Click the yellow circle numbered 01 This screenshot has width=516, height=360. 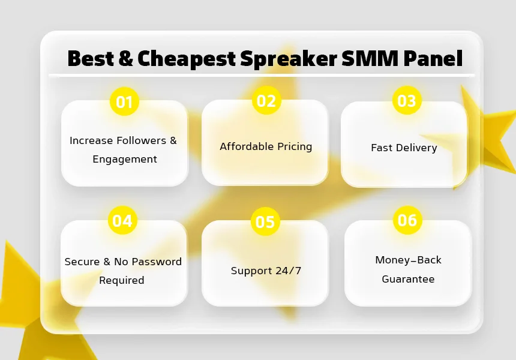(x=124, y=101)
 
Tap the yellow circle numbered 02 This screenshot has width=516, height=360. (x=266, y=100)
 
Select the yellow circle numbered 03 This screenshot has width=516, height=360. (x=407, y=100)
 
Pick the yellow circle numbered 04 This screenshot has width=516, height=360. (x=122, y=220)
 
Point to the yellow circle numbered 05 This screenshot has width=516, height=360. (x=265, y=221)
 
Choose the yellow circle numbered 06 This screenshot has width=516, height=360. (x=408, y=220)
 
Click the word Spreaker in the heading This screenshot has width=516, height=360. (x=289, y=59)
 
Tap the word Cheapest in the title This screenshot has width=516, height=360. (x=187, y=59)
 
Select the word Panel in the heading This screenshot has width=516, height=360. (x=433, y=58)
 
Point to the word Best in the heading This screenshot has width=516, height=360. (x=91, y=58)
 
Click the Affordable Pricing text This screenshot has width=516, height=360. (x=266, y=146)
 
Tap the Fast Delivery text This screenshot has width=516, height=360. (x=404, y=148)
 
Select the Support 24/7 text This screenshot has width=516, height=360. (x=266, y=271)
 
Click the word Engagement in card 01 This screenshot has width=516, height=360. (x=125, y=159)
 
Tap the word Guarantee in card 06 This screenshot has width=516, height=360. (x=408, y=279)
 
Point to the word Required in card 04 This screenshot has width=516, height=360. (x=122, y=280)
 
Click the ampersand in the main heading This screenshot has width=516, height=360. (x=126, y=58)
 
